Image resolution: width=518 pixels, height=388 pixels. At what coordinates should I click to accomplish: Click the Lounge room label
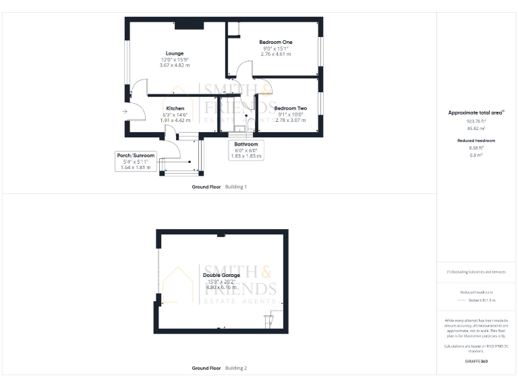[175, 53]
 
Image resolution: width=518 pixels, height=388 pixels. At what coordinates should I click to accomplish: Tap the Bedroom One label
[275, 42]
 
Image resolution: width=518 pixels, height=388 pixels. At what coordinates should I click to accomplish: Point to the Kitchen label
[175, 108]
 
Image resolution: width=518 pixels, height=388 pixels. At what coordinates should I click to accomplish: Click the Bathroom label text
[246, 144]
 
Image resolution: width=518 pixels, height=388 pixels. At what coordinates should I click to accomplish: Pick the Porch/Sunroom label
[135, 156]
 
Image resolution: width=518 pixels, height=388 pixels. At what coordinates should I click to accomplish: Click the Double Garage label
[221, 275]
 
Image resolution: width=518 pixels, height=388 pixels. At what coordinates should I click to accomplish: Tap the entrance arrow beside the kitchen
[125, 112]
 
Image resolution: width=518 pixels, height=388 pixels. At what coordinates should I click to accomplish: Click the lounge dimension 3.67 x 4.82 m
[175, 65]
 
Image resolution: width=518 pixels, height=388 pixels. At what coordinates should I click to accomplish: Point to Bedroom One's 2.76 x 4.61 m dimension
[275, 53]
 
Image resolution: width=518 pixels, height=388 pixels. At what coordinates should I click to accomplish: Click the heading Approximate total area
[476, 112]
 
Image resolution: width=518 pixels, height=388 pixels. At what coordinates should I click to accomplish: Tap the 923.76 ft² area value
[476, 121]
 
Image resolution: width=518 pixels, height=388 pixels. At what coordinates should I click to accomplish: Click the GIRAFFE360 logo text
[476, 362]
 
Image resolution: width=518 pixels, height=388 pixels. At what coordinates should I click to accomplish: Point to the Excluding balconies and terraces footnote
[477, 271]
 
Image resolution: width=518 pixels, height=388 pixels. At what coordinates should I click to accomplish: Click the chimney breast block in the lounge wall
[189, 26]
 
